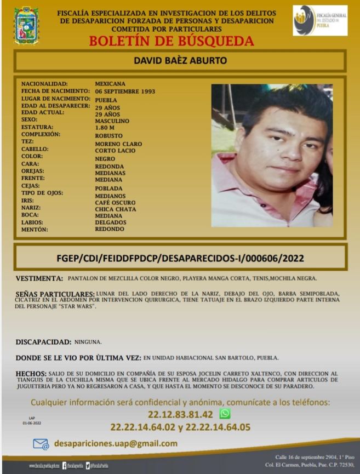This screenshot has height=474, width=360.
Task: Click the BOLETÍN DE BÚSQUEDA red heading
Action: (171, 41)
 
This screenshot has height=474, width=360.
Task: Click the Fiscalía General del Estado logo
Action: (319, 21)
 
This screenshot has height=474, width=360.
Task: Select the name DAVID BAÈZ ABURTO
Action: (180, 60)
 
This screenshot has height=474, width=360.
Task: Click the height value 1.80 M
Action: (105, 127)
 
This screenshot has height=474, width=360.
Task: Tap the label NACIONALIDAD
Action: (44, 83)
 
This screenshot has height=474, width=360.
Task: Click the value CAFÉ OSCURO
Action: (115, 202)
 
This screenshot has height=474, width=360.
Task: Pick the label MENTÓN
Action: (35, 230)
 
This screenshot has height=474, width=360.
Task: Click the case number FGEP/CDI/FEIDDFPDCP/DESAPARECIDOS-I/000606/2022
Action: (180, 257)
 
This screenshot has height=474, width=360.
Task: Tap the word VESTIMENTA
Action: (39, 278)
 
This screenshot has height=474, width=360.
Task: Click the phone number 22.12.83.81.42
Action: (181, 414)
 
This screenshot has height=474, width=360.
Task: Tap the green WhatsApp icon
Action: (224, 414)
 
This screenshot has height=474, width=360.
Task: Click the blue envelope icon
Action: (41, 444)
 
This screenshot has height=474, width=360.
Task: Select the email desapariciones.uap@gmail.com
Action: (116, 443)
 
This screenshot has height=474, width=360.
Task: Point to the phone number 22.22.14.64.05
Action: (219, 427)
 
